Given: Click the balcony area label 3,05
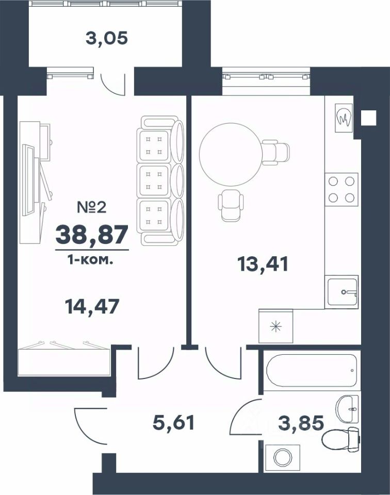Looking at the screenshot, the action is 107,39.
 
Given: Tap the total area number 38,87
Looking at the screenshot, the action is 92,235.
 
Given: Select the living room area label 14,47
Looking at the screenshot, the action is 92,306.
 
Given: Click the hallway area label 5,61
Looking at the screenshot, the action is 173,423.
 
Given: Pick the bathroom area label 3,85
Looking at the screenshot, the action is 301,423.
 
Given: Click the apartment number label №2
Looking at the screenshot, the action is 92,207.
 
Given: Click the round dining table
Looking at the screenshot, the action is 231,154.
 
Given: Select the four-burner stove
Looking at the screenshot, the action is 342,189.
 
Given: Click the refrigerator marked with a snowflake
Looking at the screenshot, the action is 276,326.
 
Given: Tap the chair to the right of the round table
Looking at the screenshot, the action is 275,153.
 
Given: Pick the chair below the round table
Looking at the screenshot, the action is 231,205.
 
